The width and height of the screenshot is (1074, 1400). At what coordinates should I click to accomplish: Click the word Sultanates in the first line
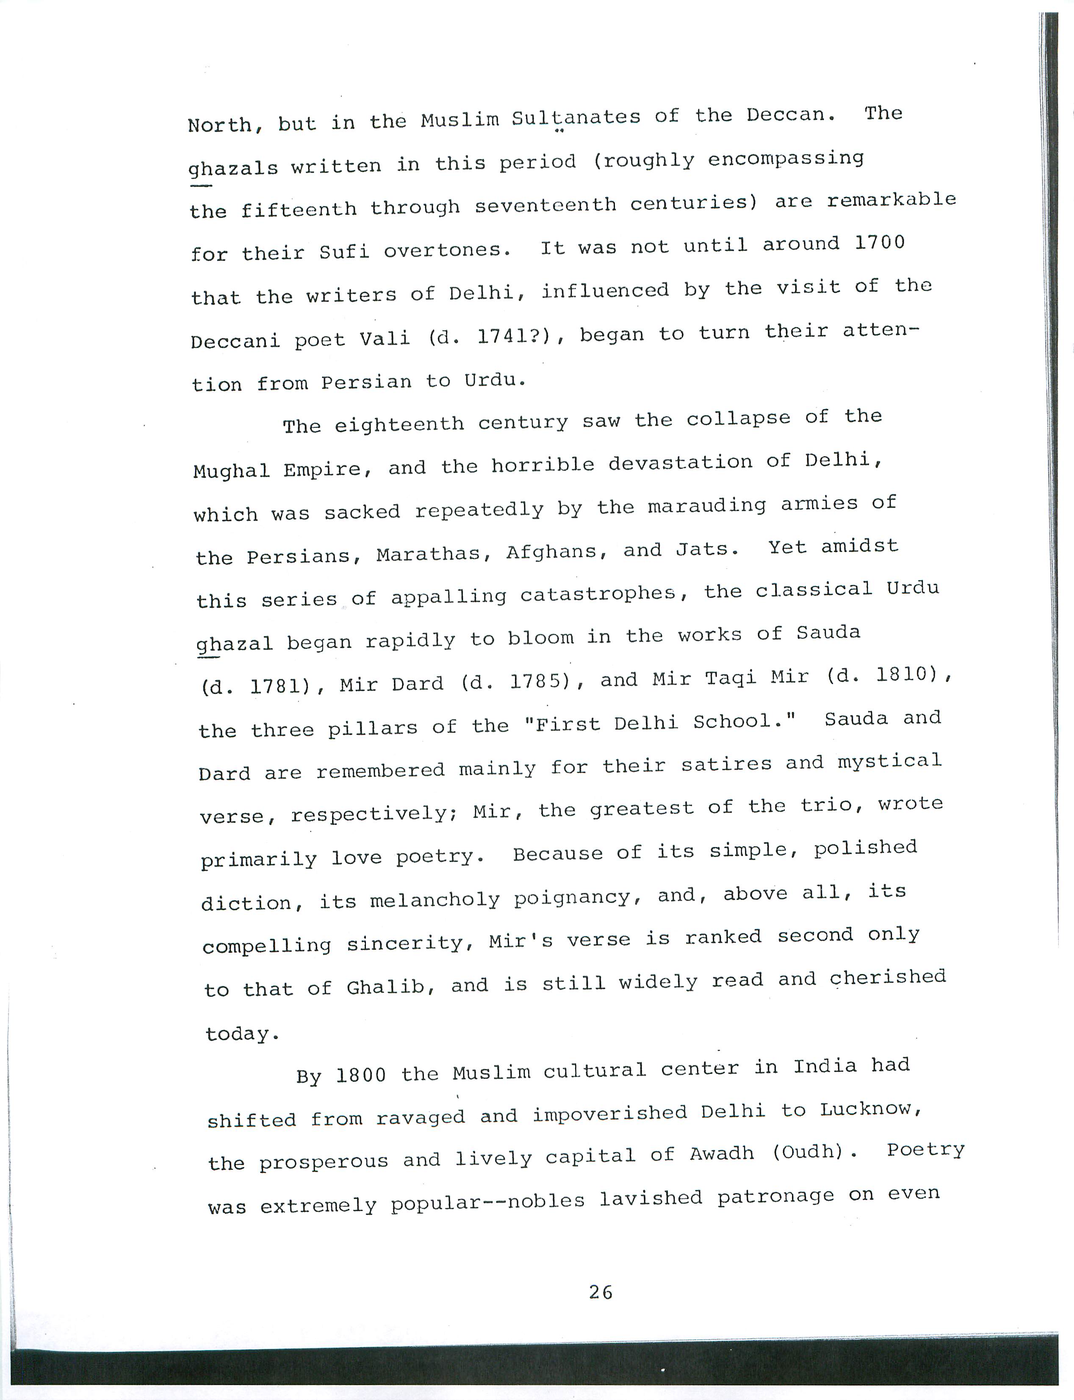(x=576, y=118)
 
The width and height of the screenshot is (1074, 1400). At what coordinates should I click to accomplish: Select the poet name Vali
(x=384, y=337)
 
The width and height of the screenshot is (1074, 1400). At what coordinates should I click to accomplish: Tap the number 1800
(x=361, y=1075)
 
